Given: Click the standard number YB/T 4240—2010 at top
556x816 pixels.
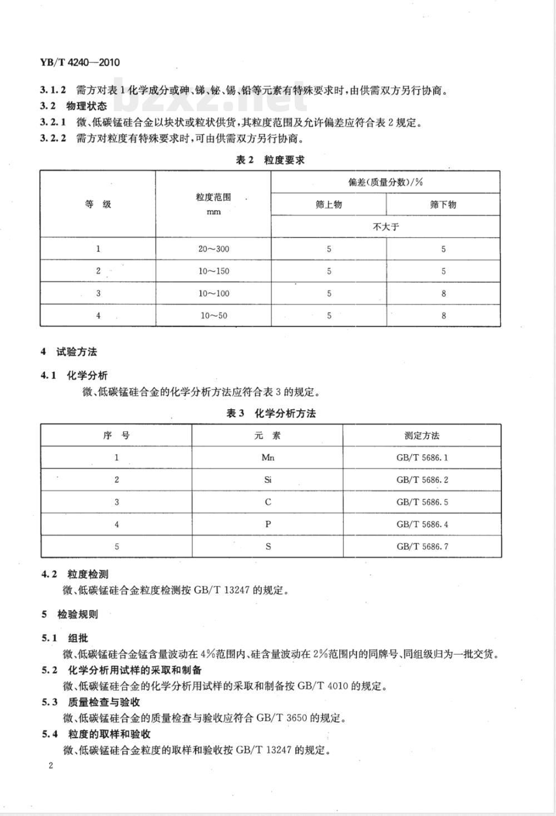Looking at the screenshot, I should [x=80, y=62].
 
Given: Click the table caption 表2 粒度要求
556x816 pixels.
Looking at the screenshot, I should [x=270, y=160].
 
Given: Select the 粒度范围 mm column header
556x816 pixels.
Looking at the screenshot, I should [x=214, y=204].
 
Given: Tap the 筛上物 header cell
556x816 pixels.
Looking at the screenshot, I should [x=329, y=205].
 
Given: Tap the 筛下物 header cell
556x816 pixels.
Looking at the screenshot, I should [x=443, y=205].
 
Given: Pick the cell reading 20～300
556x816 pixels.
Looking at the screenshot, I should [x=214, y=249].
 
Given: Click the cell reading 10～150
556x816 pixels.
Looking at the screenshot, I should [x=214, y=271].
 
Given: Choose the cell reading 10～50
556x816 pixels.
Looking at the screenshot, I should [x=214, y=316].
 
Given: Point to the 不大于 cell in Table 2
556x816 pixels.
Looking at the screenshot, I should [x=386, y=227].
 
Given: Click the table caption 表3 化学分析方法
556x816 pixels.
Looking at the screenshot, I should [x=271, y=414].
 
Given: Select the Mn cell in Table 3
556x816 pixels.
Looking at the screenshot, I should [x=268, y=457].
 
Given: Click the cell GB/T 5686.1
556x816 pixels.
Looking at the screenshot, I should [x=422, y=457].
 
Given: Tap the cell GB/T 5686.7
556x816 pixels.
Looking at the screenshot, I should [x=422, y=546].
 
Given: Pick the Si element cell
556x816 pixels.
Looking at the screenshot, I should [x=268, y=480].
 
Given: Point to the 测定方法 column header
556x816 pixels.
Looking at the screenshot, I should [x=422, y=435].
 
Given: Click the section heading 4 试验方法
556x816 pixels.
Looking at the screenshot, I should [x=69, y=352].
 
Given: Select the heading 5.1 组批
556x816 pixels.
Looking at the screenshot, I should [x=65, y=638].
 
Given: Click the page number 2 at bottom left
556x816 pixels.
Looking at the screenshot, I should [x=51, y=766].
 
